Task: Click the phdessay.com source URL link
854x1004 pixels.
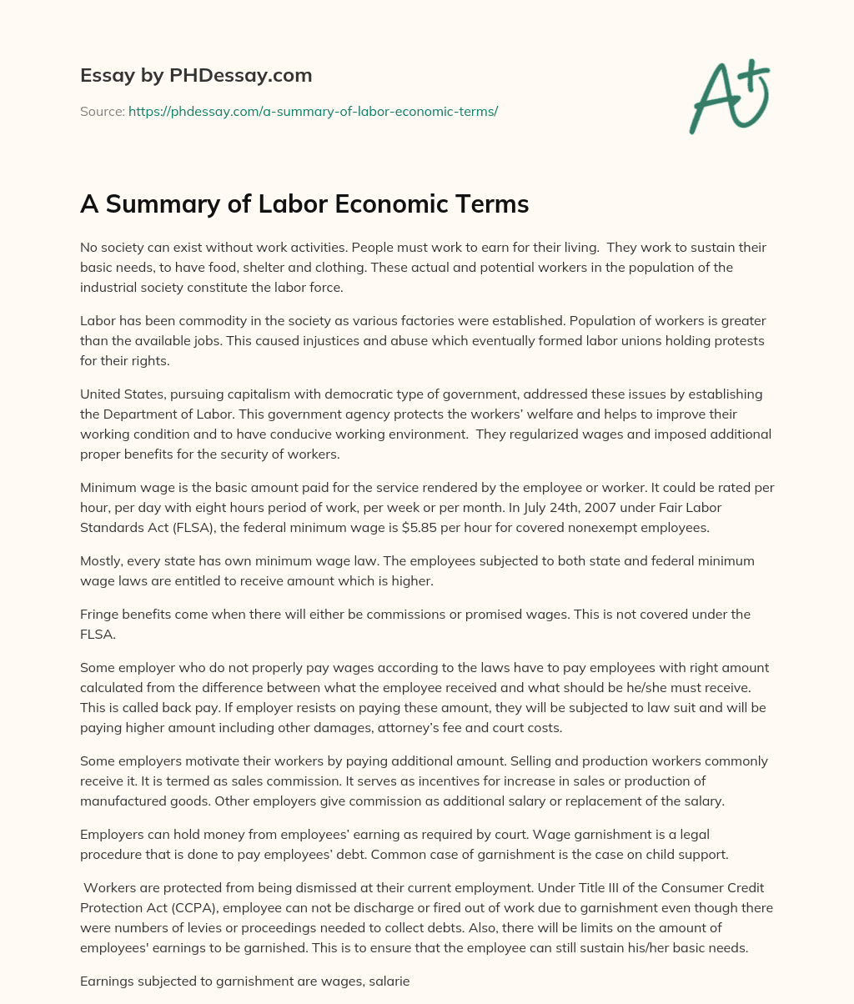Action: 313,111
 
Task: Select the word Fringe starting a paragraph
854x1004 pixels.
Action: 100,614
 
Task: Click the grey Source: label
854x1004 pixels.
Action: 102,111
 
